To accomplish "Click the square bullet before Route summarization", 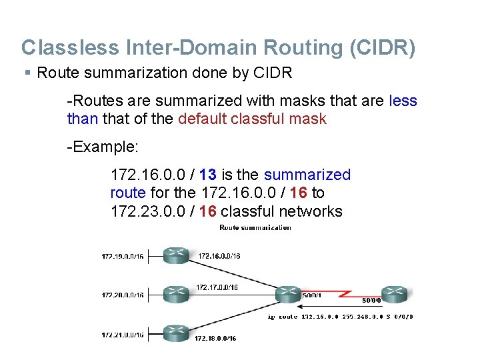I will point(27,72).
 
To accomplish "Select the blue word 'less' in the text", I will point(402,101).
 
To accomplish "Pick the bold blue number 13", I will point(207,175).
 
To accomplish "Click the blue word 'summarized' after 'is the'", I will point(307,175).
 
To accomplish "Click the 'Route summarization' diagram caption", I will point(255,228).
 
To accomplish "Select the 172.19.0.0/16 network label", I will point(122,255).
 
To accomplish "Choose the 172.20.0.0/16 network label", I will point(122,294).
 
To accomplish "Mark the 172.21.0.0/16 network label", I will point(122,335).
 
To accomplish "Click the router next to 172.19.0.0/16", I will point(175,255).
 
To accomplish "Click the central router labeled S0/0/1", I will point(288,293).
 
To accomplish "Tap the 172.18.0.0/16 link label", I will point(215,339).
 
